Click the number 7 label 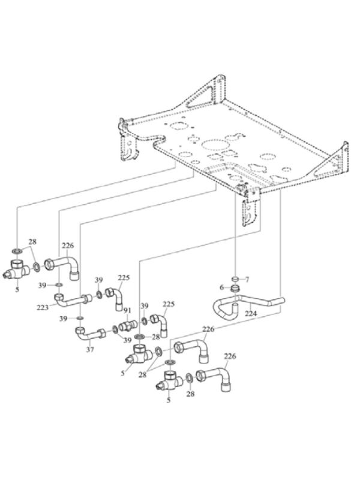(247, 279)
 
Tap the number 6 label (221, 287)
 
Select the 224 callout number (251, 313)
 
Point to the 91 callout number (127, 311)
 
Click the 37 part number (90, 349)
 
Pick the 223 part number (43, 307)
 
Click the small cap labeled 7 (235, 279)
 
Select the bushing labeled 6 (235, 288)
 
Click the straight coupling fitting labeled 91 (128, 325)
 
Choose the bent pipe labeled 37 (90, 334)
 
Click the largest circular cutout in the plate (214, 145)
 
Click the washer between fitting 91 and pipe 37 (115, 329)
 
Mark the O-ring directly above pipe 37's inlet (80, 318)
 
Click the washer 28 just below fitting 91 (140, 337)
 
